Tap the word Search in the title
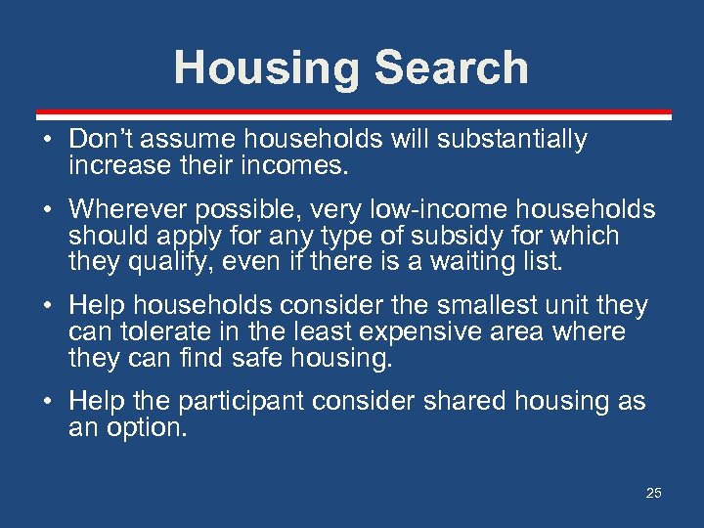coord(451,68)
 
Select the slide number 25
coord(653,493)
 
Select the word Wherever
coord(127,209)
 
